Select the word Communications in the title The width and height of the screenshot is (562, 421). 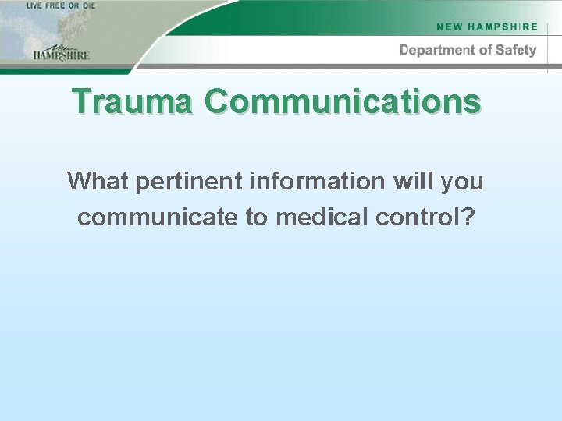tap(343, 101)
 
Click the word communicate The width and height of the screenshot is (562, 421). tap(158, 218)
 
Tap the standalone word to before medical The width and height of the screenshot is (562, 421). tap(257, 218)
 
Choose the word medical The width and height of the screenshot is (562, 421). tap(321, 218)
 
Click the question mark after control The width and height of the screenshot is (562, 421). tap(467, 218)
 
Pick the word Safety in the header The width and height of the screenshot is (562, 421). tap(516, 51)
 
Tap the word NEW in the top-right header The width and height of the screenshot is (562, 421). tap(450, 27)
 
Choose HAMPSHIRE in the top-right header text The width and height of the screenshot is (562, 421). tap(503, 27)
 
